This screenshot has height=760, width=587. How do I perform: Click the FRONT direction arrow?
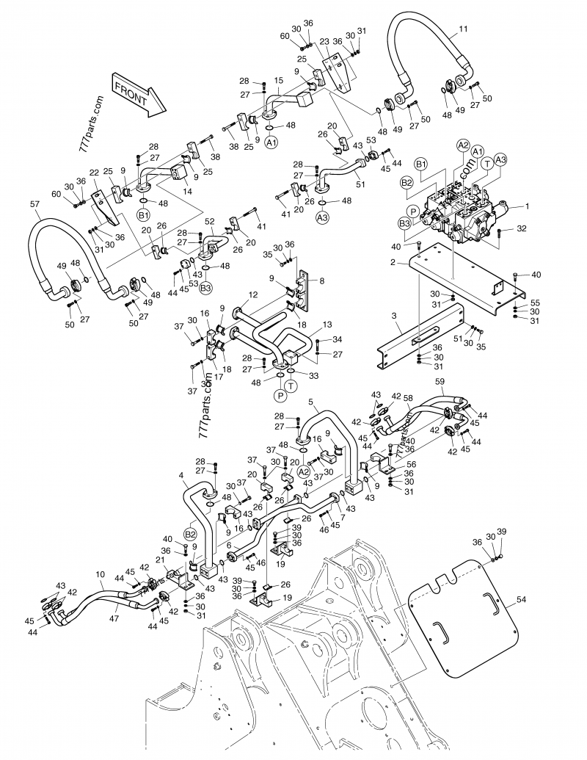(139, 93)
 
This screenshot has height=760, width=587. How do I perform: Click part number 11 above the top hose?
(462, 30)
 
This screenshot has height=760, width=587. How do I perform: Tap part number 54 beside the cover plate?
(521, 601)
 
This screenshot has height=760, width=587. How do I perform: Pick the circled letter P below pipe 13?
(279, 396)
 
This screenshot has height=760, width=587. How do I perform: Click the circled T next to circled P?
(292, 387)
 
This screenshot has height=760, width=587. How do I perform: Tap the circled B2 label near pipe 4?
(189, 534)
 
